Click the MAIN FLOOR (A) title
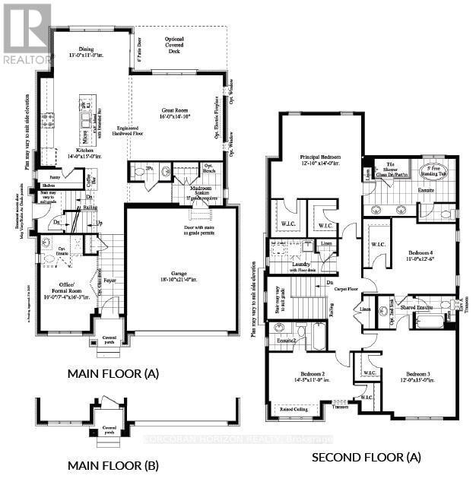[x=114, y=373]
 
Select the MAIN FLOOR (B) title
[x=113, y=465]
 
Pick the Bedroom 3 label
[x=418, y=375]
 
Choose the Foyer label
[x=111, y=280]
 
